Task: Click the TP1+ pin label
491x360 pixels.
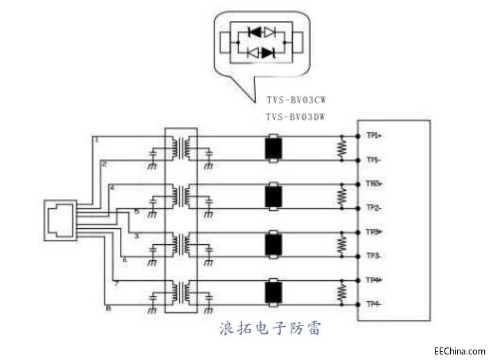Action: [375, 136]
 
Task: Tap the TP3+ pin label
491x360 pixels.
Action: [375, 232]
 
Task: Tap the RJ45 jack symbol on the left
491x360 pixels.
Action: [60, 220]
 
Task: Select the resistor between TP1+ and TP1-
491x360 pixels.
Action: [341, 148]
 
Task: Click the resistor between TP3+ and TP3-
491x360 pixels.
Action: [341, 243]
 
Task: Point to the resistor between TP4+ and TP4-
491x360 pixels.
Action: [341, 291]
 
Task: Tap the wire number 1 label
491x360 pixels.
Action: [96, 139]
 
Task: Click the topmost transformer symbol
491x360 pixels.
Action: [180, 148]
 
